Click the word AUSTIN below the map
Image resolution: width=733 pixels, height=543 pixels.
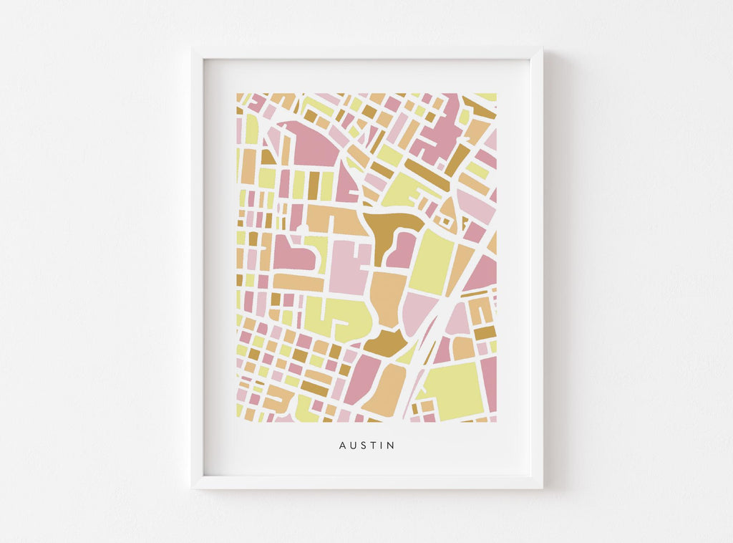click(x=366, y=446)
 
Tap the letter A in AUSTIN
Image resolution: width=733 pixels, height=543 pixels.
click(x=343, y=446)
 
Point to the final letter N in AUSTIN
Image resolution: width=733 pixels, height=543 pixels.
click(x=391, y=446)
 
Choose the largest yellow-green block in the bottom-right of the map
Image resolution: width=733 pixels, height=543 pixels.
click(x=453, y=390)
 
